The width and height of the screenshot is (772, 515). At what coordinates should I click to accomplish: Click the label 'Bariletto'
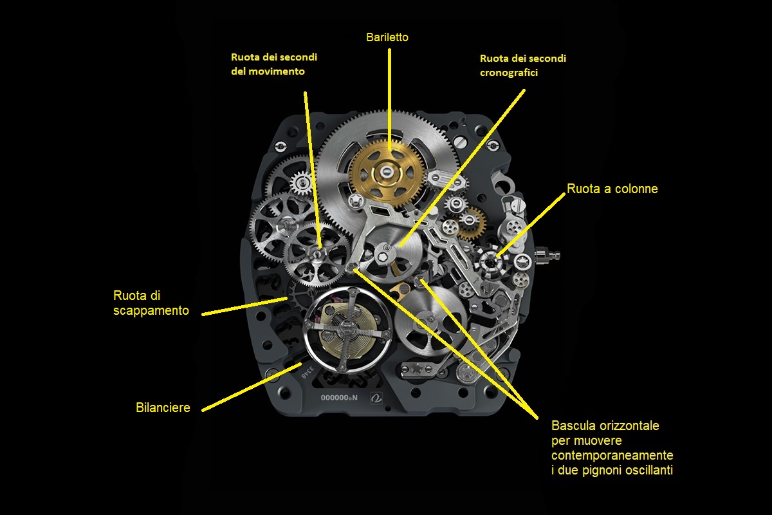pos(387,37)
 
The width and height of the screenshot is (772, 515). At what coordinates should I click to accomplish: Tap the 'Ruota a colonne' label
pos(612,189)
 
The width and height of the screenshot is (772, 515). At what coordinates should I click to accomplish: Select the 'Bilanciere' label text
pos(163,407)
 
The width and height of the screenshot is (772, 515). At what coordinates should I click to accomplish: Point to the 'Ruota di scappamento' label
pos(151,303)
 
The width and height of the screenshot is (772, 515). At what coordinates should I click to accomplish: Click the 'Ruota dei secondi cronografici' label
pos(523,65)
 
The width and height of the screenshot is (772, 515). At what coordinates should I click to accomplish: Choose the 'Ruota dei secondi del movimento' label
pos(274,64)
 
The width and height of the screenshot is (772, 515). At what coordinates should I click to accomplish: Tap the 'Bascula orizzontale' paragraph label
pos(612,448)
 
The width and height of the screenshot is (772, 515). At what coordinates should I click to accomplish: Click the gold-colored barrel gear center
pos(387,171)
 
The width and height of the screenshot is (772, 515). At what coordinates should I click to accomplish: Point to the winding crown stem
pos(547,256)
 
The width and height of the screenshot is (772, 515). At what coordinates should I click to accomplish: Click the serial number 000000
pos(335,398)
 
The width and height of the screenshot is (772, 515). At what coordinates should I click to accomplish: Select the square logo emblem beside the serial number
pos(376,398)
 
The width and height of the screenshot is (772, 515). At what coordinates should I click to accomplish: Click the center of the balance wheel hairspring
pos(346,329)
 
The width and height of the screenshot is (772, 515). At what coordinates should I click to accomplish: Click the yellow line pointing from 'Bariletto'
pos(389,99)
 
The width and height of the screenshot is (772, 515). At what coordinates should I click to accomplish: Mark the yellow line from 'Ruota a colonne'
pos(531,225)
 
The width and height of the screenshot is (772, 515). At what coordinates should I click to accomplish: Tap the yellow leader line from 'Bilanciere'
pos(252,387)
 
